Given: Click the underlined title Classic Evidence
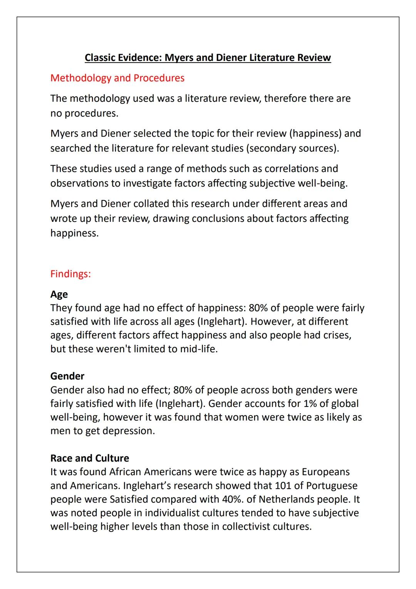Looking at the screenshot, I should pyautogui.click(x=208, y=57).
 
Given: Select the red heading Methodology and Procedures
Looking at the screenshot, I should pyautogui.click(x=117, y=78).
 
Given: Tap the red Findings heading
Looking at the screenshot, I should pyautogui.click(x=70, y=274).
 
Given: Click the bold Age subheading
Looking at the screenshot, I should pyautogui.click(x=59, y=294).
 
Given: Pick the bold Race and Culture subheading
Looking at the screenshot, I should pyautogui.click(x=89, y=458).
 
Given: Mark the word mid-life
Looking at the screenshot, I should pyautogui.click(x=198, y=349).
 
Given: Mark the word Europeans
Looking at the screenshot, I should pyautogui.click(x=325, y=472).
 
